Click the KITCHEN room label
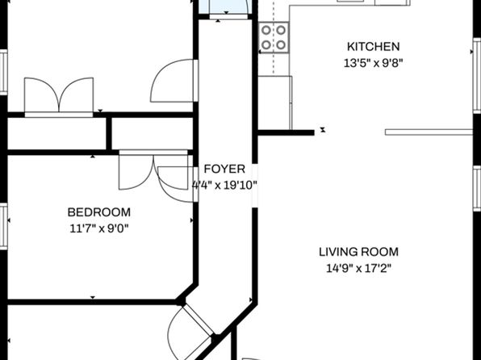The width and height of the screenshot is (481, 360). pos(374,47)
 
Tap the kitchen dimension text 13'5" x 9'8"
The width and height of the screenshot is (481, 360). pos(373,63)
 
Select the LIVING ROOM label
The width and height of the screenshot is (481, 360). pos(358,252)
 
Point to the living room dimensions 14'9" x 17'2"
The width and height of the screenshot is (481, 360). pos(358,269)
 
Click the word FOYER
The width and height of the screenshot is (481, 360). pos(224,170)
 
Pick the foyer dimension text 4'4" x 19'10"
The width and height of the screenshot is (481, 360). pos(224,186)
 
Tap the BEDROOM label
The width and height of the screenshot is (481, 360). pos(98,212)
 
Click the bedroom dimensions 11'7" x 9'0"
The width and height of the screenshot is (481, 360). pos(98,228)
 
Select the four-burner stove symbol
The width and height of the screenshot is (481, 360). pos(274,37)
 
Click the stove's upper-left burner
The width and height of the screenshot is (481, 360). pos(266,30)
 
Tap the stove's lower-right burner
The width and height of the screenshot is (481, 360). pos(281,45)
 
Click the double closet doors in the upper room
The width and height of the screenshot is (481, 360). pos(59,95)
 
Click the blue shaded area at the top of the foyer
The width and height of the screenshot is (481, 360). pos(225,6)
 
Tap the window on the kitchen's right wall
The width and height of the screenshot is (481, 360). pos(477,76)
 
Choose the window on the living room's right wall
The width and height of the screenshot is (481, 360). pos(477,188)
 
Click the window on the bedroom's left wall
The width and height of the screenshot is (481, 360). pos(3,226)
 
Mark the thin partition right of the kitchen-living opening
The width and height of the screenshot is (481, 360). pos(429,132)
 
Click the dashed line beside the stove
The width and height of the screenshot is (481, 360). pos(274,37)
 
